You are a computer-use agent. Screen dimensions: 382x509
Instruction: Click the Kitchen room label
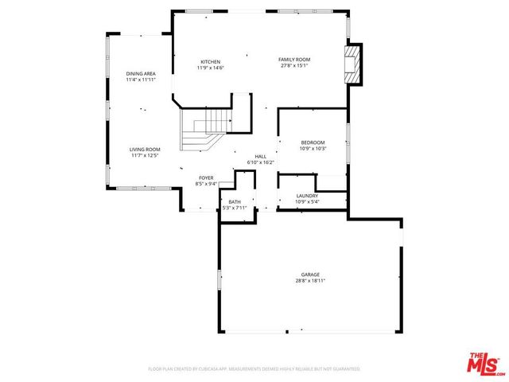[x=210, y=62]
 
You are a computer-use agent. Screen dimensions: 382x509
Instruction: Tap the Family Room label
[x=293, y=60]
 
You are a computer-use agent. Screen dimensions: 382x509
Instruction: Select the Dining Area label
[x=140, y=74]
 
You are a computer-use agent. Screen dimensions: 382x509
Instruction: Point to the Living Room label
[x=146, y=149]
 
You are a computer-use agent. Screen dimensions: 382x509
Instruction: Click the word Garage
[x=310, y=275]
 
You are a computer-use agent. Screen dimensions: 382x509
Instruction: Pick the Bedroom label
[x=313, y=142]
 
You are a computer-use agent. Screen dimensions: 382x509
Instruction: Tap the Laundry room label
[x=307, y=196]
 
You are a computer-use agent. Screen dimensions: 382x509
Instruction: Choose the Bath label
[x=235, y=202]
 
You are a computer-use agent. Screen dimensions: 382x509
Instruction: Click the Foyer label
[x=206, y=178]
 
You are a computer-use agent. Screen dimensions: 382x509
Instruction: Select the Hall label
[x=261, y=157]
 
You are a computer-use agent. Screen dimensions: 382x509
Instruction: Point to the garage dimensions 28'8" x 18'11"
[x=310, y=281]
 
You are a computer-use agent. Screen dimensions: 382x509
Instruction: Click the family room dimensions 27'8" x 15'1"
[x=293, y=66]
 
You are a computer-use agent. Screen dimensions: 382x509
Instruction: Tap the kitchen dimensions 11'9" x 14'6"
[x=210, y=68]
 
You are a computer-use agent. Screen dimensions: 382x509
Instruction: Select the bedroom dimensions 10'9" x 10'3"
[x=313, y=149]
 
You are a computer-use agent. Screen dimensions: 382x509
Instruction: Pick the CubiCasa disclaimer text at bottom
[x=254, y=369]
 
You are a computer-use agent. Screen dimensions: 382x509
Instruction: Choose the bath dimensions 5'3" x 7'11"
[x=235, y=209]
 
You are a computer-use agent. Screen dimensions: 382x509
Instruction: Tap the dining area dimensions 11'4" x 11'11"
[x=140, y=80]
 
